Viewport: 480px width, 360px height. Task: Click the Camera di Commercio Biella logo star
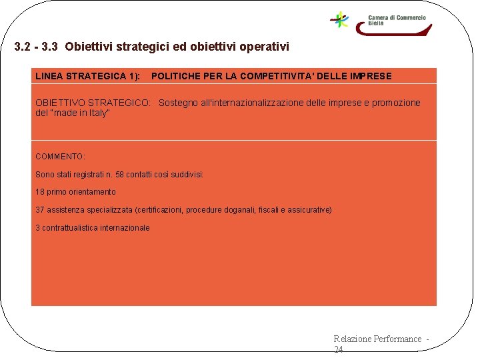click(341, 19)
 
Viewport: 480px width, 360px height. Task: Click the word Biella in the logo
click(376, 23)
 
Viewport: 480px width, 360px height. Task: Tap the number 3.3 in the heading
click(50, 47)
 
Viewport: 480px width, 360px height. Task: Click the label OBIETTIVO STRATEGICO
click(93, 103)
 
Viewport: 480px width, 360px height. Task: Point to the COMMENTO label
click(60, 157)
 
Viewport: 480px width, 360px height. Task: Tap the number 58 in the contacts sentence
click(120, 175)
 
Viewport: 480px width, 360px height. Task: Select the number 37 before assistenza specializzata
click(40, 210)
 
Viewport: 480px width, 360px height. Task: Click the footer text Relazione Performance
click(377, 339)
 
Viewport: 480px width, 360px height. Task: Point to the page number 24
click(338, 349)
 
